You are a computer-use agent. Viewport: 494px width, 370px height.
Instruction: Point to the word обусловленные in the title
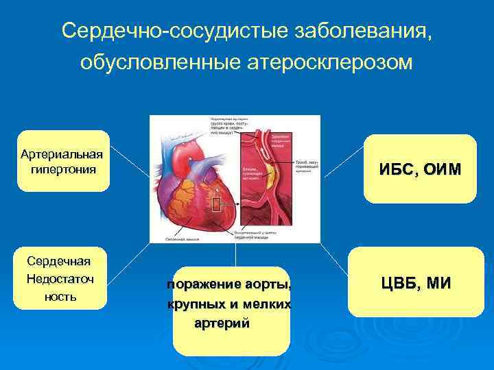click(x=157, y=62)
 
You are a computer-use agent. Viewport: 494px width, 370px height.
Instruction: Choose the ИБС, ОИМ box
click(x=419, y=169)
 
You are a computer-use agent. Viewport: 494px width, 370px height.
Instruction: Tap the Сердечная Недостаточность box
click(x=60, y=279)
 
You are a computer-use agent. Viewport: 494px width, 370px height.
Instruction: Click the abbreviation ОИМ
click(x=443, y=169)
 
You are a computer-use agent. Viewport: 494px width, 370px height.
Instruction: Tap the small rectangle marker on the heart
click(x=215, y=203)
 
